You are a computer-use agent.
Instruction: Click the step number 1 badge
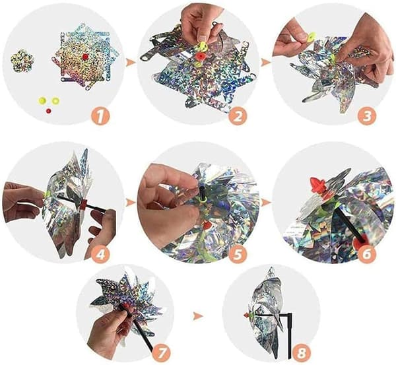tap(101, 117)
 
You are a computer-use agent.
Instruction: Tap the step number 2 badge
tap(238, 116)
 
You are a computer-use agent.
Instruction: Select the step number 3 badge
tap(367, 116)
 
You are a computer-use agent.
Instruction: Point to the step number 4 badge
tap(101, 254)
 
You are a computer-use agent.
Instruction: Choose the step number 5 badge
tap(238, 254)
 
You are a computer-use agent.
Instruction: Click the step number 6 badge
tap(367, 254)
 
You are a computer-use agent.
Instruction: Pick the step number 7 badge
tap(162, 354)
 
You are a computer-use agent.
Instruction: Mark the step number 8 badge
tap(302, 353)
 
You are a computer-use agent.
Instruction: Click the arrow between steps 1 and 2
tap(130, 63)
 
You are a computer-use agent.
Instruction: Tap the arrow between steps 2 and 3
tap(265, 62)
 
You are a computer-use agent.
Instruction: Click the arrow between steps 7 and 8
tap(198, 315)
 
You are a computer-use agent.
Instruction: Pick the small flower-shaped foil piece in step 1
tap(22, 61)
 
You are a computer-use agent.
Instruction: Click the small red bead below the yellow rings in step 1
tap(48, 111)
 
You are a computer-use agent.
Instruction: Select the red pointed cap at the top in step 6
tap(317, 185)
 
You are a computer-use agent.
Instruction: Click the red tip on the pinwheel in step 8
tap(246, 315)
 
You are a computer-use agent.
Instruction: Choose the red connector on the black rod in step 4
tap(83, 205)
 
